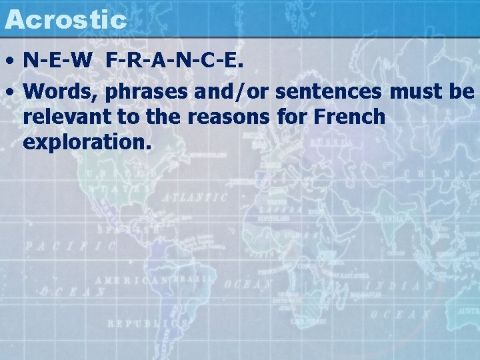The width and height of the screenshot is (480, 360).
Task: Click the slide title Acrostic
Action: pos(65,19)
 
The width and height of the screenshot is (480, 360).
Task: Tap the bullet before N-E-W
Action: pos(11,62)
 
